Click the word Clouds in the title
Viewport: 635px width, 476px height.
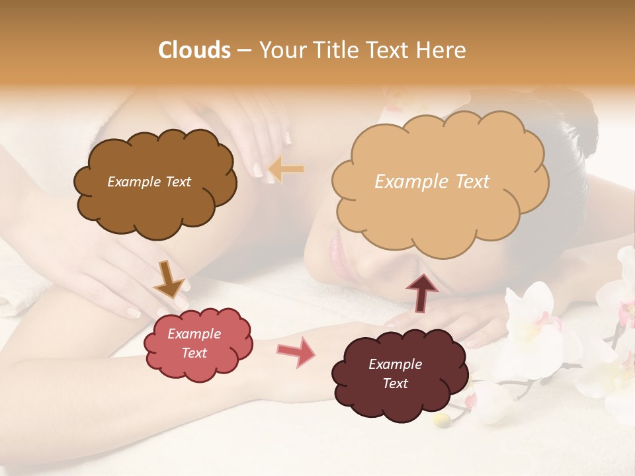click(194, 50)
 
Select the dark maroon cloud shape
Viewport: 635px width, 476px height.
click(400, 374)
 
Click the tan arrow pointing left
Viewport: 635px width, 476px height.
click(286, 169)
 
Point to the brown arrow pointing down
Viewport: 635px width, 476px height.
click(169, 279)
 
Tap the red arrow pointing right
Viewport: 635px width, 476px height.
click(296, 351)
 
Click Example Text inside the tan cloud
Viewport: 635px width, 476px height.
click(432, 182)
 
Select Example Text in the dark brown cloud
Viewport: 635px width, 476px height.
click(149, 182)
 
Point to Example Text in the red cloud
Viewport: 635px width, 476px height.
click(194, 343)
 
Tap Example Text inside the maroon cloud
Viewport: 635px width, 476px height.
click(395, 374)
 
